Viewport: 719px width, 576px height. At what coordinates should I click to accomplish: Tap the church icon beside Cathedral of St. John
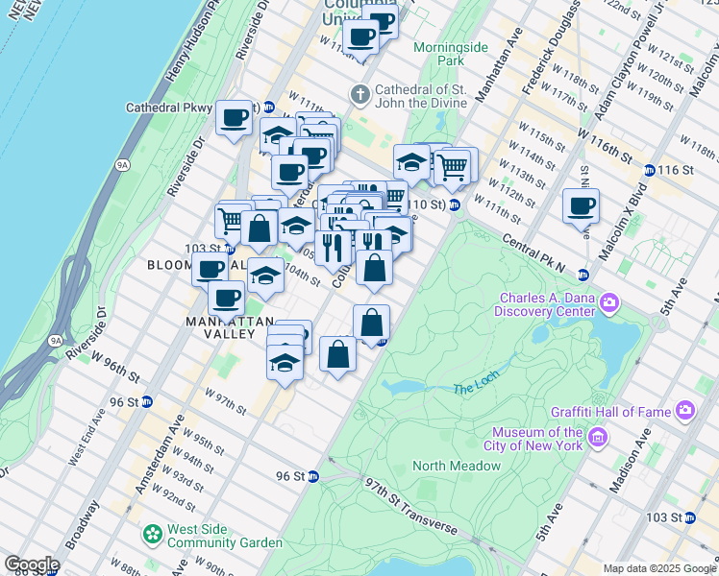[x=359, y=95]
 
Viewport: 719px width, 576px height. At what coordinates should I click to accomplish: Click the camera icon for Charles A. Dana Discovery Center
[x=609, y=304]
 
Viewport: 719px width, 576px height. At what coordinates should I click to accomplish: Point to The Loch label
[x=477, y=388]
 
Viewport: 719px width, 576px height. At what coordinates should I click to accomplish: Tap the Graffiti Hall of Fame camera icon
[x=684, y=412]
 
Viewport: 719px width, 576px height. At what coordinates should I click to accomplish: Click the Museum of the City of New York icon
[x=598, y=439]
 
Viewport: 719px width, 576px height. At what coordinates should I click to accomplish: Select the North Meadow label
[x=457, y=466]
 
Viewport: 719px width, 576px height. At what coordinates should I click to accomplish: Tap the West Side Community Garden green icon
[x=152, y=533]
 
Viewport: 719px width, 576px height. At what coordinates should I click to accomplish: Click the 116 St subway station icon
[x=650, y=170]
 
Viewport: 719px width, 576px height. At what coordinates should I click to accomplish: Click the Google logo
[x=32, y=564]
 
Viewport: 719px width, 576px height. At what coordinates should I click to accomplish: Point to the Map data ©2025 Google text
[x=658, y=568]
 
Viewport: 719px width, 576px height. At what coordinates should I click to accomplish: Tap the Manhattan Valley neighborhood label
[x=221, y=327]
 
